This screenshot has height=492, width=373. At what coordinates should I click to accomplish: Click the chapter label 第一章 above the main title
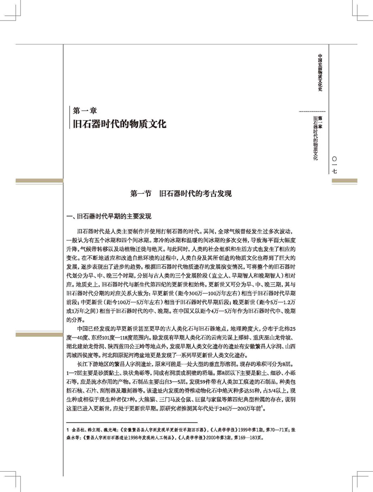point(85,110)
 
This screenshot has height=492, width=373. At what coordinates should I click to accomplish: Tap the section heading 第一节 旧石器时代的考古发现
point(181,194)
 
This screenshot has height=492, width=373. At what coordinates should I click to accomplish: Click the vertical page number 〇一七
point(334,167)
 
